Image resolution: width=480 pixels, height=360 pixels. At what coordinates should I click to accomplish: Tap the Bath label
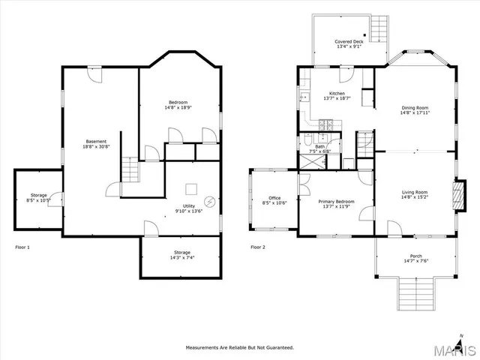320,146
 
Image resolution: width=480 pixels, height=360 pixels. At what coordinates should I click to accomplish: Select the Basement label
96,141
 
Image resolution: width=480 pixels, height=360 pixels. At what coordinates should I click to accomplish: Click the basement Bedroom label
178,102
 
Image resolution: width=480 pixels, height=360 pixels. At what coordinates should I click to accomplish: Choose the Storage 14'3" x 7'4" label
182,252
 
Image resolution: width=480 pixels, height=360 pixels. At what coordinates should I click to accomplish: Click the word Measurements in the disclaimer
205,348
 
